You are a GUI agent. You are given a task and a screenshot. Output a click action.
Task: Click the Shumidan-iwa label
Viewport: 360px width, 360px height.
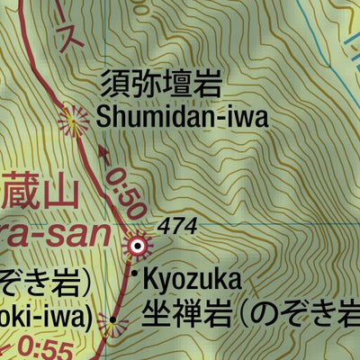pyautogui.click(x=171, y=117)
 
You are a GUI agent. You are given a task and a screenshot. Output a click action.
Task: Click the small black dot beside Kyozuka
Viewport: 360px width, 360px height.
pyautogui.click(x=135, y=274)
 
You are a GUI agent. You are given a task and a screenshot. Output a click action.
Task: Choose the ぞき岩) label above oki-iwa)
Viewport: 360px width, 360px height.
pyautogui.click(x=45, y=282)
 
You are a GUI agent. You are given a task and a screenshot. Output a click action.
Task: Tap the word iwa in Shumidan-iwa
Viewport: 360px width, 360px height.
pyautogui.click(x=222, y=117)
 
